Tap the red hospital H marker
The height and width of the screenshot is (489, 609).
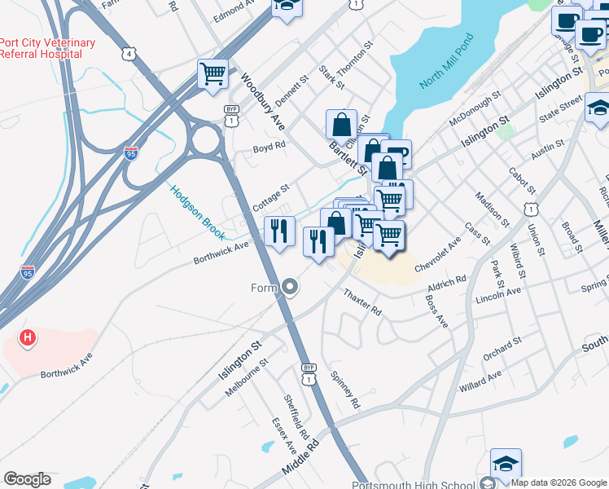click(x=28, y=337)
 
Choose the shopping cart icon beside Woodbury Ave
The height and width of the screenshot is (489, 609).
click(x=212, y=74)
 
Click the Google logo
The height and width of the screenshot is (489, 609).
click(x=27, y=479)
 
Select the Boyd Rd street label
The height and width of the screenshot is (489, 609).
click(x=269, y=148)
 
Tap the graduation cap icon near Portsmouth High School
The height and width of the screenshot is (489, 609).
click(x=505, y=463)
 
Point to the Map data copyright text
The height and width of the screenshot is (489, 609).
click(x=559, y=482)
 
